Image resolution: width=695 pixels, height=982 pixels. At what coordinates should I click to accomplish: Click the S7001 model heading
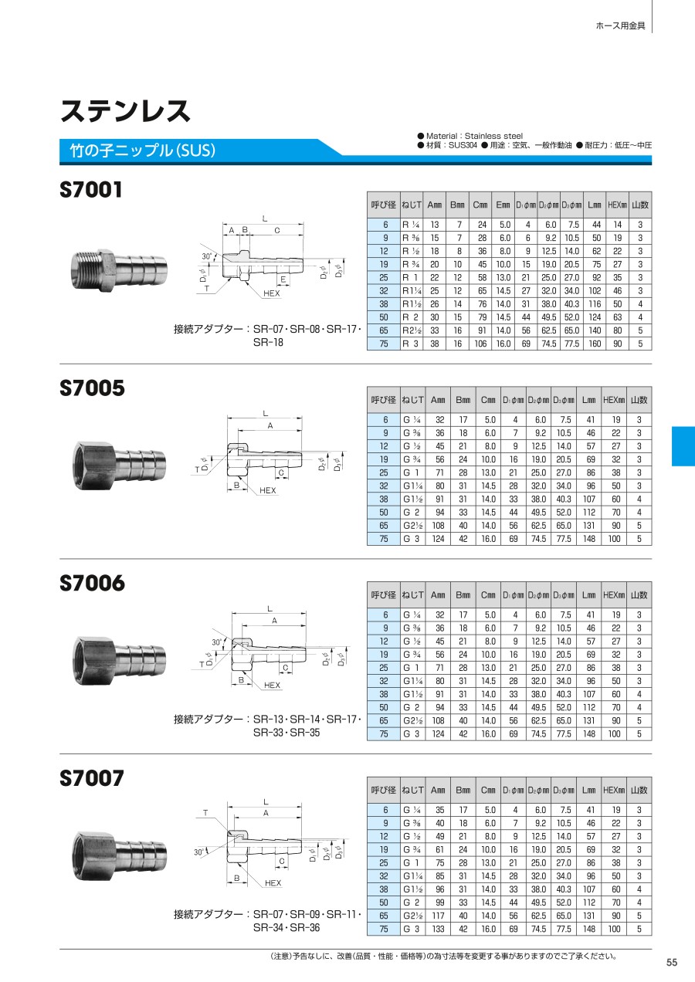click(91, 190)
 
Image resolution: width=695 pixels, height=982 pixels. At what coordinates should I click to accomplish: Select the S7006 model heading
click(92, 583)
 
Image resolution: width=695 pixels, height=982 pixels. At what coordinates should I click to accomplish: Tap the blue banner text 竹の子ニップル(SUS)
click(143, 151)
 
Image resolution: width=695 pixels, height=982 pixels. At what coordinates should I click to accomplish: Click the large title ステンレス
click(125, 110)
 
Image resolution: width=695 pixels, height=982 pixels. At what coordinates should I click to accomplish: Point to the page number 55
click(672, 962)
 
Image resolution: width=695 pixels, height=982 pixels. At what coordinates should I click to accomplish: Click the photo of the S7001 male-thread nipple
click(119, 270)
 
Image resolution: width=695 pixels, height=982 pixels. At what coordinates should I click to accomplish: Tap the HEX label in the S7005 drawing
click(267, 490)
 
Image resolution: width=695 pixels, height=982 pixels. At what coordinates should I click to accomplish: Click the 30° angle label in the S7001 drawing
click(206, 256)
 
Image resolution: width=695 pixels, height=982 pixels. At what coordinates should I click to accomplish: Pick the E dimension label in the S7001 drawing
click(283, 279)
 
